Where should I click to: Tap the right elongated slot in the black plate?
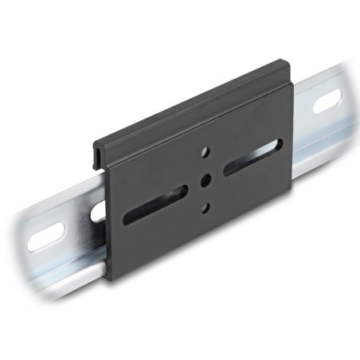252,157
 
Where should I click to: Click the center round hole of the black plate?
205,178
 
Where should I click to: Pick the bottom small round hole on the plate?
205,208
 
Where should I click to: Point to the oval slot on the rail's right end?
327,103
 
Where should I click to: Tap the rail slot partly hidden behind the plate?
99,211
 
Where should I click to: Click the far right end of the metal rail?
347,96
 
